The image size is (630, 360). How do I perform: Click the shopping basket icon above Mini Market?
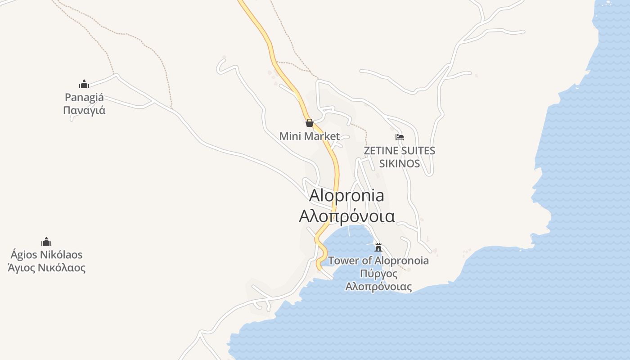pos(310,123)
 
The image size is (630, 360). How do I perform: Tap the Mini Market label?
pos(310,136)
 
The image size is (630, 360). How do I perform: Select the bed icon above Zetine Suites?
pos(399,137)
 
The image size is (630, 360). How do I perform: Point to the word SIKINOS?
pos(400,163)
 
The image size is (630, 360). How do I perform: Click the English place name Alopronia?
pos(347,195)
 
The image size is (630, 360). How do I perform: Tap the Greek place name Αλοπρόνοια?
pos(347,216)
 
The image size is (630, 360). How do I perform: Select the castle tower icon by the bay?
pos(378,247)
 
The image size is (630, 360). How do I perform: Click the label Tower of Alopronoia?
pos(378,261)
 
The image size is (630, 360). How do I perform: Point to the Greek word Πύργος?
pos(378,274)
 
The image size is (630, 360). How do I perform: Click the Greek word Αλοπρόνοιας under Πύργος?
pos(378,287)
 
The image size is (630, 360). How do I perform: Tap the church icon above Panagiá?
pos(84,84)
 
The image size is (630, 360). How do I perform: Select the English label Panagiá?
pos(84,97)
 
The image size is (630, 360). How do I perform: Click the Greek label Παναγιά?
pos(84,110)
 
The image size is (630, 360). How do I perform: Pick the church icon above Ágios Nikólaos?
pos(46,242)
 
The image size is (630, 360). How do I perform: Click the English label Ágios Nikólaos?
pos(46,255)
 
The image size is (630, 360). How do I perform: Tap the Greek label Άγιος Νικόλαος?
pos(46,268)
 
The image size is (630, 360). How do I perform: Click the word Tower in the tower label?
pos(344,261)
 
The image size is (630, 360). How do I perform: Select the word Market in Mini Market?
pos(321,136)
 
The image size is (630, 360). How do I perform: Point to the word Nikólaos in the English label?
pos(61,255)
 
